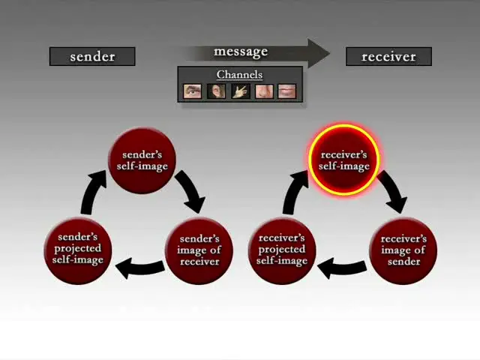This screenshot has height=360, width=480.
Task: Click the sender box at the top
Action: coord(92,56)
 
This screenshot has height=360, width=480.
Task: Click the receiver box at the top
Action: coord(388,56)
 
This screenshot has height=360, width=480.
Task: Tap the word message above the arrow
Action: coord(241,51)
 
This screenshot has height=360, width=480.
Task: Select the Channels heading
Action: coord(240,74)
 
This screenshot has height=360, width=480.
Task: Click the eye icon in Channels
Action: coord(193,91)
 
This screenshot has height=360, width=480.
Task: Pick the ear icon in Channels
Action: coord(217,91)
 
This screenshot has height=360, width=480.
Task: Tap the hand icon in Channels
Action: coord(240,91)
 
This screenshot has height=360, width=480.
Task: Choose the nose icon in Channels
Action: coord(264,91)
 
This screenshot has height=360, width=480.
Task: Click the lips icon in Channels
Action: coord(287,91)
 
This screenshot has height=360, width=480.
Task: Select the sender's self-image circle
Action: coord(142,160)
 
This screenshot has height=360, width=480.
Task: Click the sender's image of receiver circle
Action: coord(199,250)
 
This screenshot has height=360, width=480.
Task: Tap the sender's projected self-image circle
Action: coord(77,249)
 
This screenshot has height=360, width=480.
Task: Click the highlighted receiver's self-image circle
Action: coord(344,160)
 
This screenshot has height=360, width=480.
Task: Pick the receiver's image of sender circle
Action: coord(403,250)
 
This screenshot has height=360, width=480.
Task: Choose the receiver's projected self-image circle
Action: coord(282,249)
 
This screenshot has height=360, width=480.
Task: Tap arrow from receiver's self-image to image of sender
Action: coord(393,191)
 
